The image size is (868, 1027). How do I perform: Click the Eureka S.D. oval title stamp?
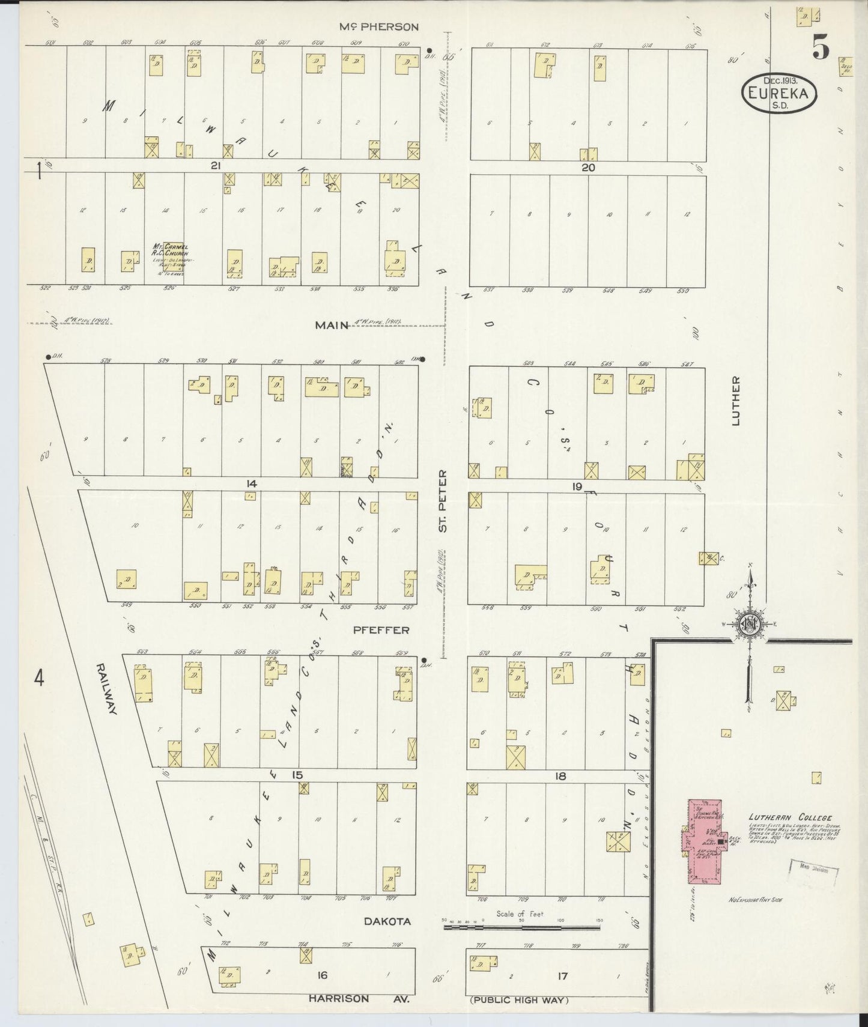tap(780, 93)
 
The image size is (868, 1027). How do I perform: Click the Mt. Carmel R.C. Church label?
tap(171, 249)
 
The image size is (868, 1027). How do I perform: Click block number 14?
tap(251, 483)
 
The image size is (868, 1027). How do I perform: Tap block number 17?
tap(562, 977)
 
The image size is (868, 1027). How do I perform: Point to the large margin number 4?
tap(39, 678)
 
